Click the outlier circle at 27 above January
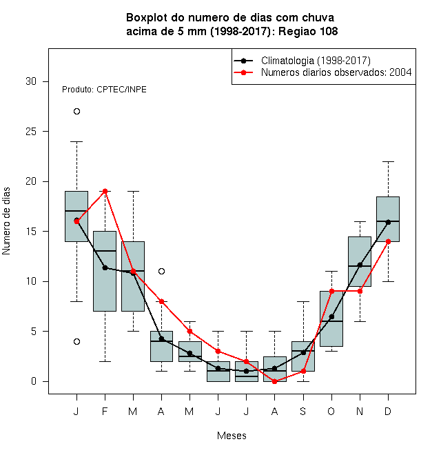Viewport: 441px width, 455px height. point(76,112)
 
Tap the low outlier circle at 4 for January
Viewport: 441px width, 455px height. point(76,341)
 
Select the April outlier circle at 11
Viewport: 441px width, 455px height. point(162,272)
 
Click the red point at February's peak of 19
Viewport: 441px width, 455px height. point(105,191)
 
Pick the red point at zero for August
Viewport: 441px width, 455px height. point(274,382)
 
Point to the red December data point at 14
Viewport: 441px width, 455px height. point(388,241)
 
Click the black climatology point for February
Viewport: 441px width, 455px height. point(105,267)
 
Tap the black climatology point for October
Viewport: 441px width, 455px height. point(331,316)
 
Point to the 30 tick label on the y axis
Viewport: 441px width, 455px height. point(31,81)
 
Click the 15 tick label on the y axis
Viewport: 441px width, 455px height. point(31,232)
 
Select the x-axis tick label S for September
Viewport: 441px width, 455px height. point(303,411)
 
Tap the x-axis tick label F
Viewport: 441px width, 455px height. point(105,411)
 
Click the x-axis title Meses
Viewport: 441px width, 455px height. point(232,436)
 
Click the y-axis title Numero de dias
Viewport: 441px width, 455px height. point(6,221)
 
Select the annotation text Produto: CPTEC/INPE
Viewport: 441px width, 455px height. point(104,90)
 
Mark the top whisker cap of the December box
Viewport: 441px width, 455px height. point(388,161)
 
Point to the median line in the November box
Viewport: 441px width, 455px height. point(360,266)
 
